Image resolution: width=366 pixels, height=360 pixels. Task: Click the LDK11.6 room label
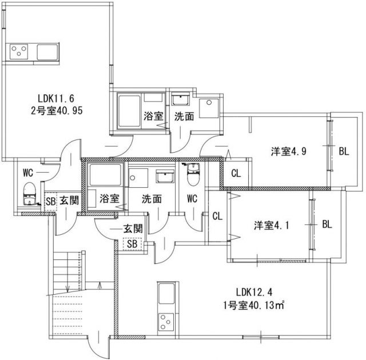56,98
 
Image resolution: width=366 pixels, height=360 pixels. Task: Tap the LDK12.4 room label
254,292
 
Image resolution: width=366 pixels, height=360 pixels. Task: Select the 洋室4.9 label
289,151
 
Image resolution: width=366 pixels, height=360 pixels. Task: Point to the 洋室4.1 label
271,226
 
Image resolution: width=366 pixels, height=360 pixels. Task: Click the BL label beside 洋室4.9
344,151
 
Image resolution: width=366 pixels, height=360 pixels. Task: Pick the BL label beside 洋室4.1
327,224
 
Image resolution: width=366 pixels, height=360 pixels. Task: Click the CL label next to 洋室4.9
236,173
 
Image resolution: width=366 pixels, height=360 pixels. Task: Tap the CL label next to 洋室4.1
217,216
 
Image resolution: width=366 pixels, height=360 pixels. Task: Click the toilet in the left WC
29,193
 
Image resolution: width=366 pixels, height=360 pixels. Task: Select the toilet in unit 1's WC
193,174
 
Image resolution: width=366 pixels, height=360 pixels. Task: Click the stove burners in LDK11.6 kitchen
19,52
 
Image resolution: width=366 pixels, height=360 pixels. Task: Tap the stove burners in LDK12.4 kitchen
166,321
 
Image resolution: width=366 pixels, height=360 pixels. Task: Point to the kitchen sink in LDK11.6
47,52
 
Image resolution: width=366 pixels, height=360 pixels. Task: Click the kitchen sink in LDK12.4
166,294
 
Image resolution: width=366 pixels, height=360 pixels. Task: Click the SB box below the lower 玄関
132,244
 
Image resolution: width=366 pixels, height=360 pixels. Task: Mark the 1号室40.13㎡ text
254,305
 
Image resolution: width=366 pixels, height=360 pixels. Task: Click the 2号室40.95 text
57,110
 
